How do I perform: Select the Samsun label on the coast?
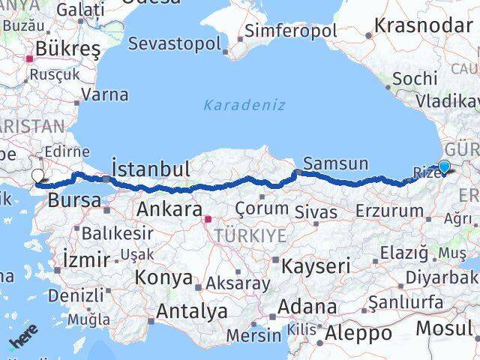pos(335,163)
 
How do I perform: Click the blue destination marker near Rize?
pos(444,168)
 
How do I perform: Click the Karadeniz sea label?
pos(244,105)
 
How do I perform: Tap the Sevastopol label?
pos(175,43)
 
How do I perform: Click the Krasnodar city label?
pos(423,25)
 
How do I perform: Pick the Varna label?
pos(105,95)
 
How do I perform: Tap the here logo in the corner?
pos(24,340)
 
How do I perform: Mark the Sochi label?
pos(415,78)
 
